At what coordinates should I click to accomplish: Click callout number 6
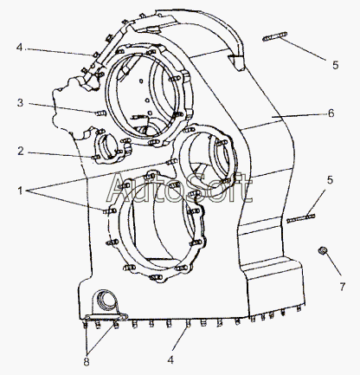click(x=331, y=113)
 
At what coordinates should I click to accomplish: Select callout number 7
click(x=342, y=287)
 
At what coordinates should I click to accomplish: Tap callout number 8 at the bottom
click(x=87, y=362)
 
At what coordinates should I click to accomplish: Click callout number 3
click(x=20, y=102)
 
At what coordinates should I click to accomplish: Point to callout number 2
click(x=20, y=151)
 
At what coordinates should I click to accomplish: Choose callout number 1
click(x=20, y=191)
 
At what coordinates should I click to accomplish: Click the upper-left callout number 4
click(x=19, y=47)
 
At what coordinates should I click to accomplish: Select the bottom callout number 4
click(x=170, y=359)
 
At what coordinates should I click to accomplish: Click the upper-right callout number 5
click(x=335, y=65)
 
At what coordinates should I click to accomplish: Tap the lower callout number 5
click(x=330, y=180)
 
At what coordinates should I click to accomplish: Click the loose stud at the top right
click(x=274, y=36)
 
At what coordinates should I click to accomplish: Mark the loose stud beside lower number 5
click(x=301, y=218)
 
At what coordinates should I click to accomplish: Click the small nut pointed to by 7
click(x=322, y=250)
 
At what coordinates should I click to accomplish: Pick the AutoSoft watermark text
click(x=179, y=187)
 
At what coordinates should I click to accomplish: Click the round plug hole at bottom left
click(x=106, y=298)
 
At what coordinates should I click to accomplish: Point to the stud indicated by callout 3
click(x=100, y=113)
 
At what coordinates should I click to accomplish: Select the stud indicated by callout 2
click(x=96, y=158)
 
